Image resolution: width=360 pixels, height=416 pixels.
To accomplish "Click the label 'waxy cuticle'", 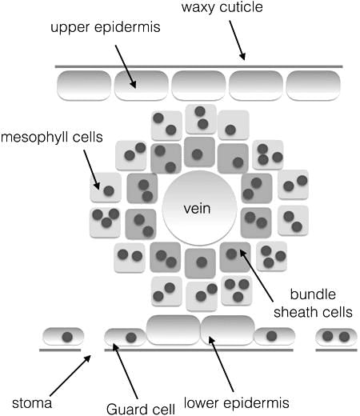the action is point(222,7).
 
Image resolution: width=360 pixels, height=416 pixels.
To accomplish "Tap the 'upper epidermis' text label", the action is point(106,27).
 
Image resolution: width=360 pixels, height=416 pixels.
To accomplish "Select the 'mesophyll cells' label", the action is point(52,138).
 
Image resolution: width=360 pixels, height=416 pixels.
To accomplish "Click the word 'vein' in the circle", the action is point(197,208).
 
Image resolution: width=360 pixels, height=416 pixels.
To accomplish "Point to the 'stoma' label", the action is point(32,403).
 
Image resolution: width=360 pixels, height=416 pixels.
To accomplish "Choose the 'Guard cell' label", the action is point(141,409).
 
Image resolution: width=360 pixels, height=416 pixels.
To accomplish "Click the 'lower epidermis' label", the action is point(237,402).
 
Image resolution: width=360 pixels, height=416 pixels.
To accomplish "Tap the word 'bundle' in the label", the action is point(313,294).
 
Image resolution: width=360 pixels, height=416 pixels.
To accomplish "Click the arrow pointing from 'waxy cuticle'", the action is point(237,40).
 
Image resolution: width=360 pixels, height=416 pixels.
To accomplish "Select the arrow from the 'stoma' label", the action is point(70,375).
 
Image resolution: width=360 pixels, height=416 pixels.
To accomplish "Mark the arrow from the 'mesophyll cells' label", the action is point(91,170).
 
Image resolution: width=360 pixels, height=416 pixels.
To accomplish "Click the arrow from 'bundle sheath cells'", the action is point(256,275).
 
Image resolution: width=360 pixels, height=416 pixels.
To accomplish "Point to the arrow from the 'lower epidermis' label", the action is point(221,364).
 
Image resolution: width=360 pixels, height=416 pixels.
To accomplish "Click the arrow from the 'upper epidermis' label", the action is point(126,66).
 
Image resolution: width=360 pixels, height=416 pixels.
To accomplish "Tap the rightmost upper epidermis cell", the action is point(313,86).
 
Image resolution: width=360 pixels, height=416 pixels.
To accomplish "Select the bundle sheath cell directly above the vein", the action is point(199,152).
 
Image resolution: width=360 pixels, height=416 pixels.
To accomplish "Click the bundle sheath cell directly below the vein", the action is point(200,263).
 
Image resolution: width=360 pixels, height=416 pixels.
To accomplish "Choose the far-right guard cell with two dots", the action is point(336,337).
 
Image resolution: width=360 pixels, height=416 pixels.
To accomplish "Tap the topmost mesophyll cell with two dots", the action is point(201,119).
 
